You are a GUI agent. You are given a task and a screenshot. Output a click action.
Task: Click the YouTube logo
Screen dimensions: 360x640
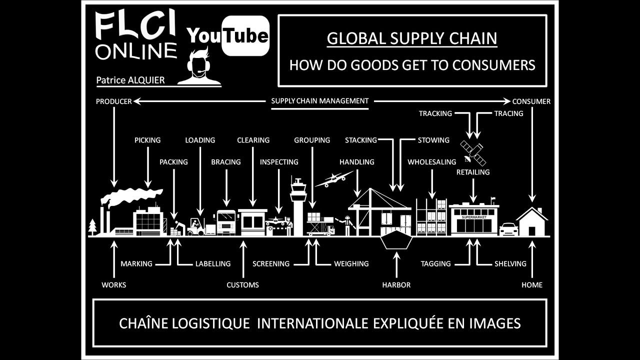(228, 35)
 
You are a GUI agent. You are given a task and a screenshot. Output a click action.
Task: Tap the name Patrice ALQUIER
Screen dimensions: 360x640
(130, 80)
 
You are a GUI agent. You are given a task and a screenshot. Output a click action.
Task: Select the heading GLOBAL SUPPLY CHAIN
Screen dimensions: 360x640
(412, 38)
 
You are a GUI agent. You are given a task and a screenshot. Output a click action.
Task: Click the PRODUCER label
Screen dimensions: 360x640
(114, 101)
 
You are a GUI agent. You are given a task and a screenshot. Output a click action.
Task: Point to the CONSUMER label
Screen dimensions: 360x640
(531, 101)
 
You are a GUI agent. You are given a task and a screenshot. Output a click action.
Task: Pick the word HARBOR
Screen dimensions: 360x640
(396, 285)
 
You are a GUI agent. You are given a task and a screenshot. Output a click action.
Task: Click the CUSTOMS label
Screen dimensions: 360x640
(243, 285)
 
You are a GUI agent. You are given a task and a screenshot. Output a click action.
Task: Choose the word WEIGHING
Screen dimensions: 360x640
(351, 263)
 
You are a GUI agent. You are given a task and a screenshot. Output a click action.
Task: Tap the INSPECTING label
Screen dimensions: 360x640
(279, 162)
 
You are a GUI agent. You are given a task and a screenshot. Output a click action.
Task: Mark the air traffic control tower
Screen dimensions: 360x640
(298, 206)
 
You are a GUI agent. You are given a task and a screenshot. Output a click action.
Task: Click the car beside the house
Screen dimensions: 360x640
(508, 229)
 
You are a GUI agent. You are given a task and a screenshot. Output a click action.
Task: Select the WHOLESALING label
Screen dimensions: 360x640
(432, 162)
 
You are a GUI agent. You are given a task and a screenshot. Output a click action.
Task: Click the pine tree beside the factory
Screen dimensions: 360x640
(92, 226)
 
